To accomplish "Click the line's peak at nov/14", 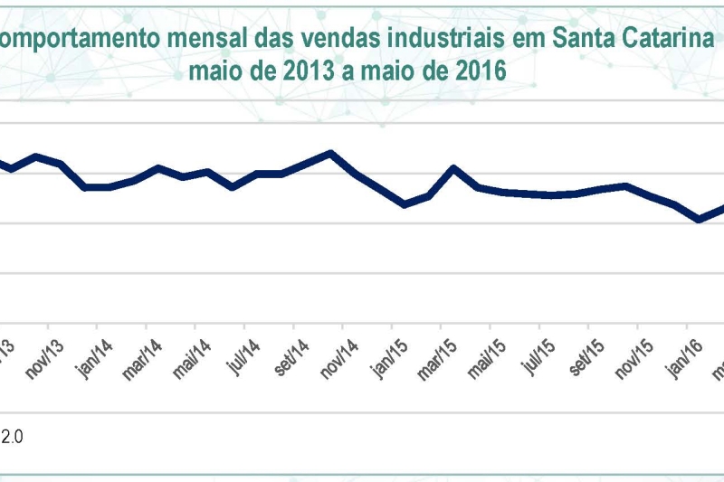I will tap(331, 153).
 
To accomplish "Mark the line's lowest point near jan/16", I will tap(699, 220).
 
